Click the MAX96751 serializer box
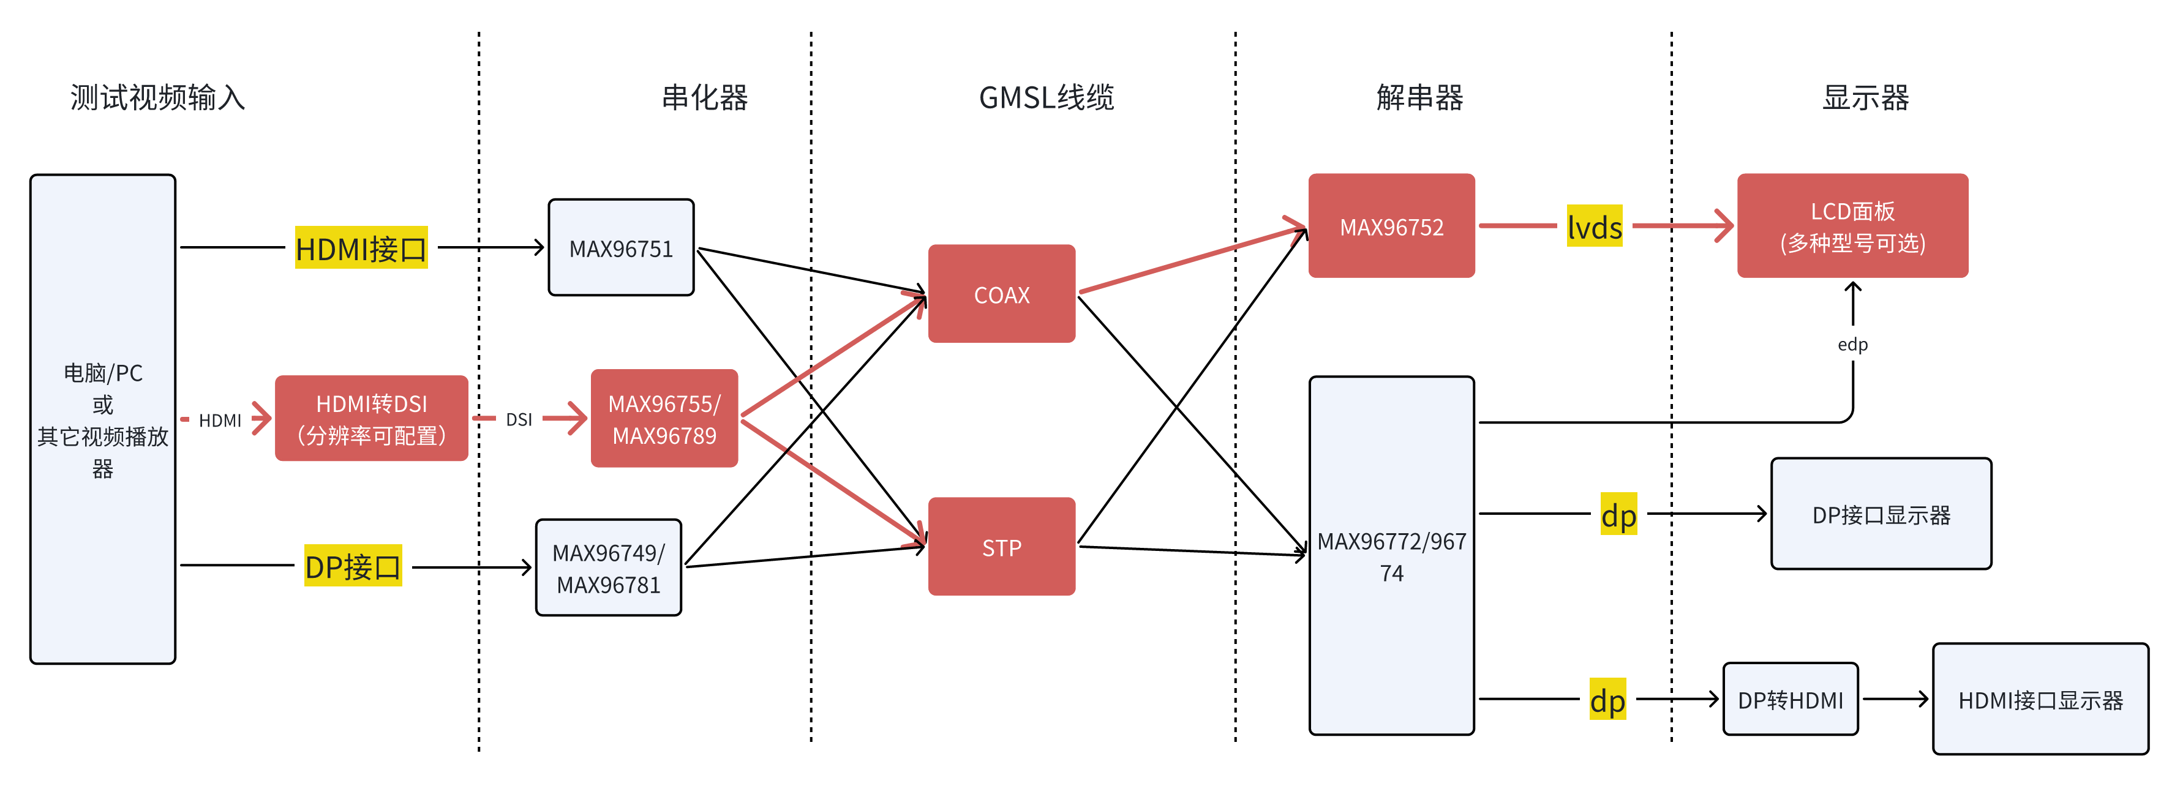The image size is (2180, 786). click(x=620, y=248)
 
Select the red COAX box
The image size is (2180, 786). click(x=1001, y=294)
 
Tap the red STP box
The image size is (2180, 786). click(x=1001, y=547)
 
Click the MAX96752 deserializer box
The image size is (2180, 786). click(x=1391, y=226)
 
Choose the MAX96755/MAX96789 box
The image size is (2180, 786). click(x=664, y=419)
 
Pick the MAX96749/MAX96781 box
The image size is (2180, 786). click(x=609, y=567)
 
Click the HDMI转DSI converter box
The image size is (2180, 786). click(x=372, y=419)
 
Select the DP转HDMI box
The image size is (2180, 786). click(x=1790, y=700)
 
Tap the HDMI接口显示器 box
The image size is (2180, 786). click(x=2040, y=700)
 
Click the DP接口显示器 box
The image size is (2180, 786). click(x=1881, y=514)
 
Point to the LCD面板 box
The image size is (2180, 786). click(x=1852, y=226)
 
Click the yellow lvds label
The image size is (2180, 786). click(x=1595, y=226)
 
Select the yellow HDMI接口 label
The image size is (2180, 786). click(x=361, y=249)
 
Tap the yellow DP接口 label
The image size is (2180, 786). click(x=353, y=567)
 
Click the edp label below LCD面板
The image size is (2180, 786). click(x=1852, y=345)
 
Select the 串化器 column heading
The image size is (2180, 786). click(x=705, y=97)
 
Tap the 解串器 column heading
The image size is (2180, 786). click(x=1419, y=97)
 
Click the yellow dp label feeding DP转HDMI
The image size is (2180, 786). click(x=1607, y=700)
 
